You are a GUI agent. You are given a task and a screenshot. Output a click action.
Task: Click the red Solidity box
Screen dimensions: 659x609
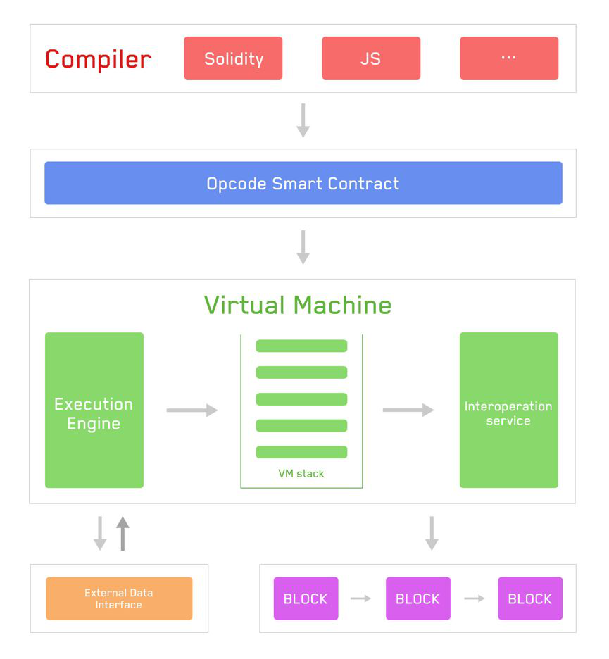point(233,58)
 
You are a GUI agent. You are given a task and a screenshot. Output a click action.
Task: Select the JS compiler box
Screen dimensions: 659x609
point(371,58)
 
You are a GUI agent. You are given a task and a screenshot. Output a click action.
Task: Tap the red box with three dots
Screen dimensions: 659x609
point(509,58)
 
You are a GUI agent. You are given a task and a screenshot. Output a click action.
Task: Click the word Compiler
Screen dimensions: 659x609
point(98,59)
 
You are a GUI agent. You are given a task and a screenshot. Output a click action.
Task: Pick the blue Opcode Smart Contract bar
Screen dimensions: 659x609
point(303,184)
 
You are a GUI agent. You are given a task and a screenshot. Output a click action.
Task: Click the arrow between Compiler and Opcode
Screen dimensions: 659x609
point(303,120)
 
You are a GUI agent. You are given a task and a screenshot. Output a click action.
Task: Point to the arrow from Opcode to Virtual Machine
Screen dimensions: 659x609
point(303,247)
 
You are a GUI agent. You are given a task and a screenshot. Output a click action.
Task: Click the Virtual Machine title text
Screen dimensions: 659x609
point(298,306)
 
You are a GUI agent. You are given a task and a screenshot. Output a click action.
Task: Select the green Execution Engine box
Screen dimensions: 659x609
point(94,410)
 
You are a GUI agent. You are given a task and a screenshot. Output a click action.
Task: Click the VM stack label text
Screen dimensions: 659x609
point(301,474)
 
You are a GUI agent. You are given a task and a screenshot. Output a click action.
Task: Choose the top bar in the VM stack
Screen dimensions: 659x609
point(301,346)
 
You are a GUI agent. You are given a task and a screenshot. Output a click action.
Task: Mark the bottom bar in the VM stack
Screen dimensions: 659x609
point(301,452)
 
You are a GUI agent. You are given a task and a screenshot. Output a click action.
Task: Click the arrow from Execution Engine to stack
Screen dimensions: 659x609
point(192,410)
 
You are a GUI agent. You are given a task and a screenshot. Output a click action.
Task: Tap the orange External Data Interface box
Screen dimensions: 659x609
point(119,598)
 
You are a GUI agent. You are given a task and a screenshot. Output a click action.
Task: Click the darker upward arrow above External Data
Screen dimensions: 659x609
point(123,533)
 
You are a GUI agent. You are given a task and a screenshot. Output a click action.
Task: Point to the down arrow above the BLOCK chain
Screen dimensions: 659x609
point(432,533)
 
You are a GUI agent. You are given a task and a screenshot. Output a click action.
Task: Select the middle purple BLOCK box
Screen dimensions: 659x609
point(418,598)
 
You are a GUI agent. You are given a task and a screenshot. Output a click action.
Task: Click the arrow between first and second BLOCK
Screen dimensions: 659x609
point(361,598)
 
